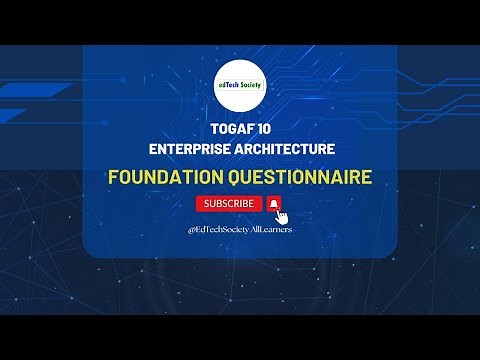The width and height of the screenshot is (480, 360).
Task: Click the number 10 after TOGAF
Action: click(259, 130)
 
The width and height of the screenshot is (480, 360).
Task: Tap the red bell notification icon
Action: click(274, 203)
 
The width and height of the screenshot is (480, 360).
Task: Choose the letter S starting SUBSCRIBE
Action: click(207, 203)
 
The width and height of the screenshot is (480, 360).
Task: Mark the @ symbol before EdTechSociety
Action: click(190, 229)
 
